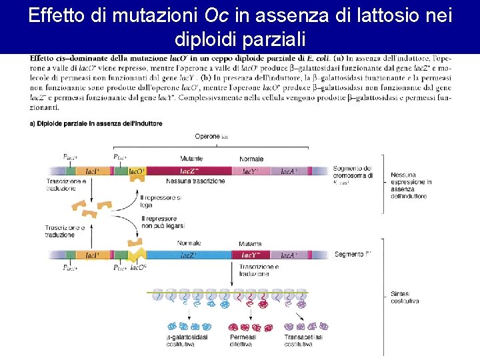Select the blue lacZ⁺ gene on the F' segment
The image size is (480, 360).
(189, 255)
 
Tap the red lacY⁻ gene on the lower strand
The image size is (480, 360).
(251, 255)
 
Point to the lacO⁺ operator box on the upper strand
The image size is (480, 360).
(137, 171)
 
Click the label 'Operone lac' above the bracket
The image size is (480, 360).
(212, 137)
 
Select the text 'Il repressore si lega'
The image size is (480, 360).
(160, 201)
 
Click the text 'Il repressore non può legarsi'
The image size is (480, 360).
(159, 223)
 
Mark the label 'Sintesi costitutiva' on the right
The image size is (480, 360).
(405, 297)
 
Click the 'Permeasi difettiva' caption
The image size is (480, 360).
(243, 341)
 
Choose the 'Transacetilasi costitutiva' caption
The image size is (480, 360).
(303, 341)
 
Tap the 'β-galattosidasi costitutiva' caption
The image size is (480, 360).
(188, 341)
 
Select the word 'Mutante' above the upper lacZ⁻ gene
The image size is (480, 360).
(191, 159)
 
